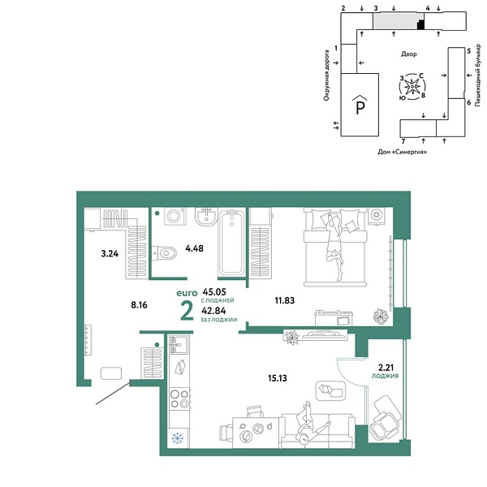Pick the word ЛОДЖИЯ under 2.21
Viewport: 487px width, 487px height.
coord(385,377)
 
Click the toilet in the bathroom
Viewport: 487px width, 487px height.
coord(166,253)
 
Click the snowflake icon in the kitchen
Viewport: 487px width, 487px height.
coord(177,438)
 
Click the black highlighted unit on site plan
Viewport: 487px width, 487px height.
coord(420,25)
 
